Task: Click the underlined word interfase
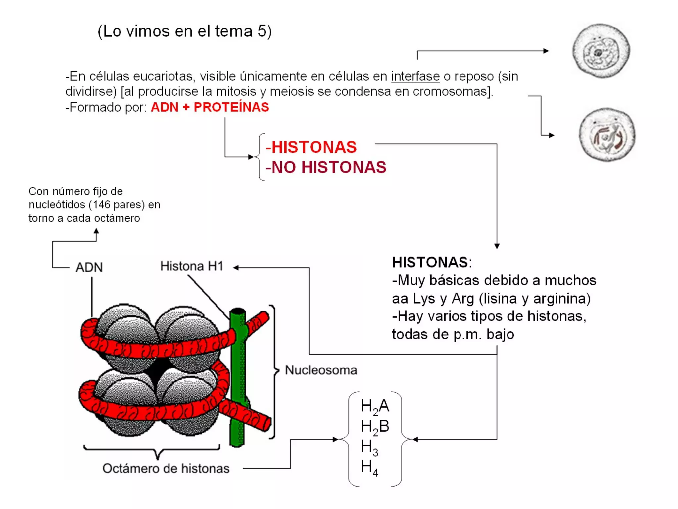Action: pos(415,77)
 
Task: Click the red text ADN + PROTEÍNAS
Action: pos(210,107)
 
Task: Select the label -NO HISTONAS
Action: pos(326,167)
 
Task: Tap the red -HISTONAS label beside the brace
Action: pos(311,147)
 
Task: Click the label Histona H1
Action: pos(192,266)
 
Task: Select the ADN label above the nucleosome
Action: pos(89,267)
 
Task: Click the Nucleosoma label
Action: pos(321,370)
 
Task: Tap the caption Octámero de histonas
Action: pos(166,468)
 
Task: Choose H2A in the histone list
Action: pos(375,406)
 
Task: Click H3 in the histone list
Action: pos(369,447)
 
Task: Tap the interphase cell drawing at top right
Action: pos(601,51)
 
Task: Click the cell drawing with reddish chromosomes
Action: pos(607,135)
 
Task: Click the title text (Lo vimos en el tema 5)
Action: pos(184,31)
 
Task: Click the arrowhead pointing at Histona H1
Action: pos(236,268)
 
